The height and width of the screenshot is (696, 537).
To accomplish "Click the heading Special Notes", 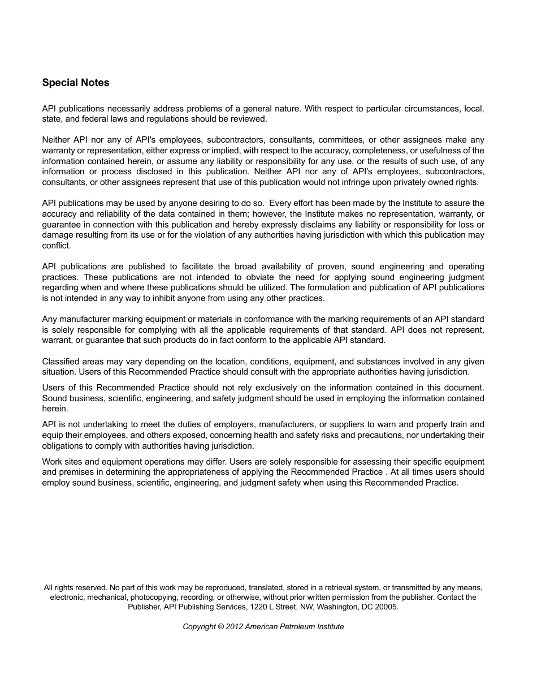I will pyautogui.click(x=76, y=83).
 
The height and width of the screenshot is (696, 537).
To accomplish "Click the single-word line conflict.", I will pyautogui.click(x=57, y=246).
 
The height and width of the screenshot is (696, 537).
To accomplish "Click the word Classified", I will pyautogui.click(x=62, y=362).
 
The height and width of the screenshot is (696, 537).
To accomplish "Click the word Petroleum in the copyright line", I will pyautogui.click(x=297, y=626).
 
